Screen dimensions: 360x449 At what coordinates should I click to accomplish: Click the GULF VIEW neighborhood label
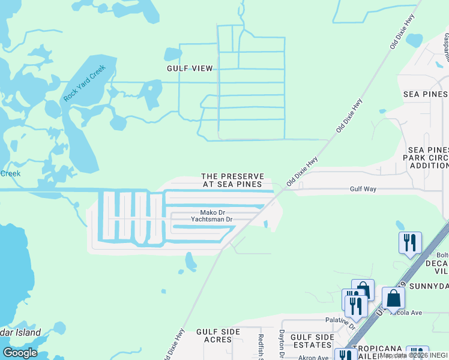point(190,68)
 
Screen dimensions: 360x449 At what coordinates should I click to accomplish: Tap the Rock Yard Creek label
point(84,82)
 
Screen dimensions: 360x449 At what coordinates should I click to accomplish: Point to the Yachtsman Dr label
point(211,220)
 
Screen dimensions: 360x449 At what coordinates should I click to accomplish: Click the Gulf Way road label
point(363,189)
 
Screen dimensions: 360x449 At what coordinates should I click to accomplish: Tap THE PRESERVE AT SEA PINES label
point(232,180)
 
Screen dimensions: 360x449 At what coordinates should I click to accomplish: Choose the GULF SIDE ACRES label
point(214,335)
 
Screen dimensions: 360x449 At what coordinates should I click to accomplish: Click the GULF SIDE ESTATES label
point(312,341)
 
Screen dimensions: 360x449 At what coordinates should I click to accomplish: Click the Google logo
point(20,353)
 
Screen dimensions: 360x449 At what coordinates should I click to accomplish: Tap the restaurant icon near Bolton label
point(410,243)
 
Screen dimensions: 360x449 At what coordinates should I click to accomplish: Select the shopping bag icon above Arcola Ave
point(393,298)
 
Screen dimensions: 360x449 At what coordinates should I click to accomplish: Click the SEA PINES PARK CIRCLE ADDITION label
point(428,157)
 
